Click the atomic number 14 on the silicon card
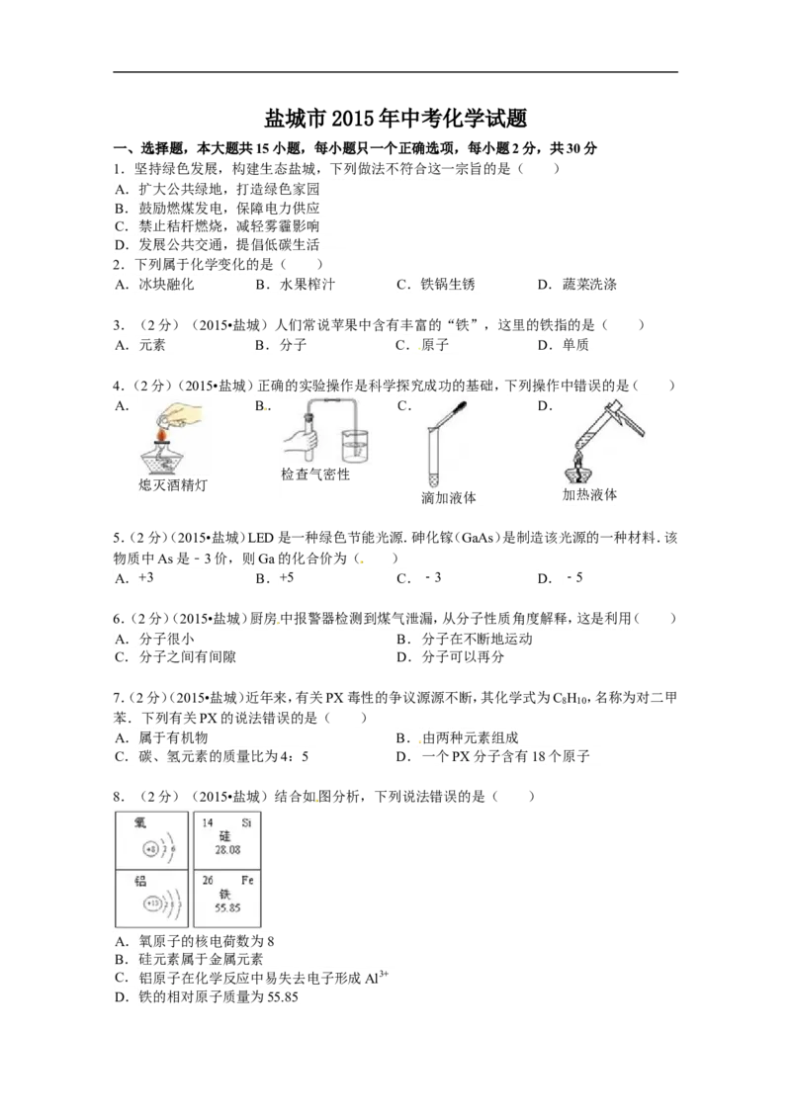click(x=208, y=822)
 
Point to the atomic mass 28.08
click(x=226, y=849)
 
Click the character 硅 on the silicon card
click(x=227, y=835)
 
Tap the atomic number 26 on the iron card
click(x=208, y=880)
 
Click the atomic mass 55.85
click(x=226, y=906)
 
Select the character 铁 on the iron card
click(x=227, y=893)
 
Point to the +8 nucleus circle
click(x=150, y=849)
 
